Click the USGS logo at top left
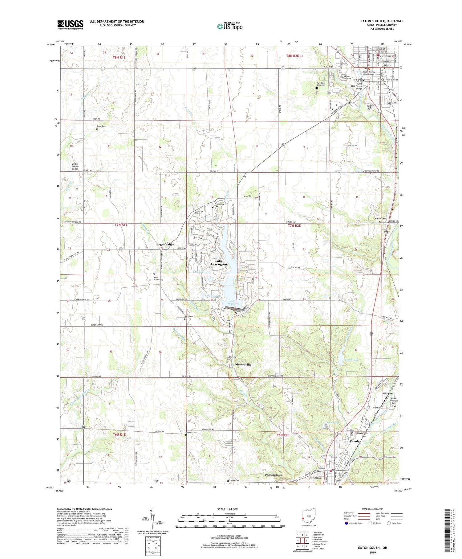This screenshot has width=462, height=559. tap(70, 25)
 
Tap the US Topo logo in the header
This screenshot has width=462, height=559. tap(229, 27)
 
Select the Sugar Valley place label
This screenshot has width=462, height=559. tap(165, 244)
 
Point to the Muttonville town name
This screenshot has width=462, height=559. tap(243, 364)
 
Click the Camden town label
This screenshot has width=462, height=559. tap(355, 441)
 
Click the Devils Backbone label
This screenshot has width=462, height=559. tap(274, 475)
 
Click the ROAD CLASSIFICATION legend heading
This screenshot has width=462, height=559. tap(373, 509)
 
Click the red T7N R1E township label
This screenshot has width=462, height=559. tap(121, 225)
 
